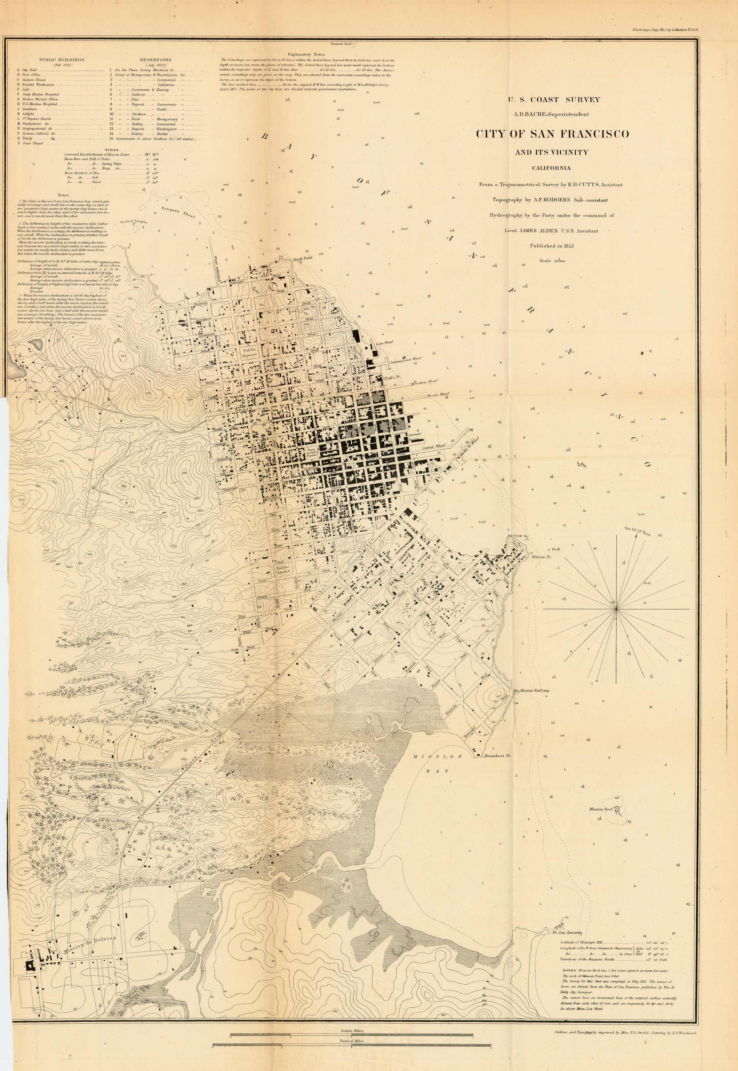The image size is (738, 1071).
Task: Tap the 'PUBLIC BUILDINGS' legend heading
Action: (x=61, y=60)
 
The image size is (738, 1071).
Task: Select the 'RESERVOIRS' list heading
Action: (x=155, y=60)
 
